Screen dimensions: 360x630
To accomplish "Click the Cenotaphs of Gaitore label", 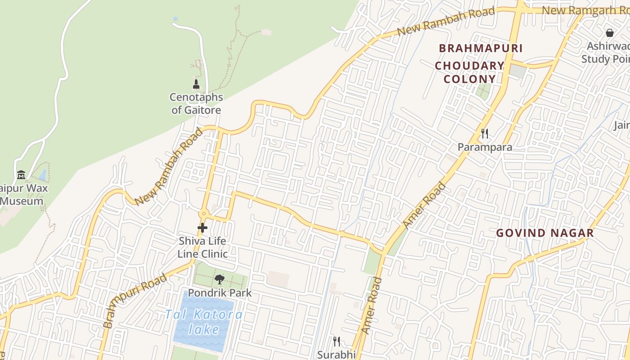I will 196,103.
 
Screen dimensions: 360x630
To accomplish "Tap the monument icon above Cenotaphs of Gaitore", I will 196,84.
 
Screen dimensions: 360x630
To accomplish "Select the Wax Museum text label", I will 22,194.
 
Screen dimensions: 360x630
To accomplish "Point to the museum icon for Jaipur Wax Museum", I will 21,175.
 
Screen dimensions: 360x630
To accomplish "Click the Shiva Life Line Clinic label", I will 202,247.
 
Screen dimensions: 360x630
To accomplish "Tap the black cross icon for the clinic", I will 202,228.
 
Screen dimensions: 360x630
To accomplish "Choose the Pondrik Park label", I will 220,293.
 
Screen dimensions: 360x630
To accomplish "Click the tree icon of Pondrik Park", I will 219,279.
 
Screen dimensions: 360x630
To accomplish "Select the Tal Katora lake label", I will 204,322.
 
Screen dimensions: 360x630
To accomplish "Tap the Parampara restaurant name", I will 485,147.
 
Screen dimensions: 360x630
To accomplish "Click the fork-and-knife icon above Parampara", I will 485,134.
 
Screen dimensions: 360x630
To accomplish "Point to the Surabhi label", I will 336,355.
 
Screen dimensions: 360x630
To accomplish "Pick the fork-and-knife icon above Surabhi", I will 336,342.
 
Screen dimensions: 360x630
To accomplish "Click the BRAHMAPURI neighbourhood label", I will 481,48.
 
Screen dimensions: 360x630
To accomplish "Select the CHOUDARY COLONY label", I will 470,72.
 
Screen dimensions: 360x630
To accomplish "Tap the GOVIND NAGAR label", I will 545,233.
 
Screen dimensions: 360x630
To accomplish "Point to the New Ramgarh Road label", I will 585,10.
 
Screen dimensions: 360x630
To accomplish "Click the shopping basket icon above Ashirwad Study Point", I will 610,33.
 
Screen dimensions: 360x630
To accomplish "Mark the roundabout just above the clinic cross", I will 204,214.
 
